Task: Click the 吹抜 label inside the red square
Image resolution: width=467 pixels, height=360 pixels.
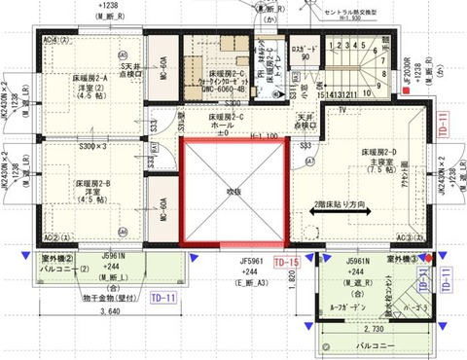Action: pos(233,191)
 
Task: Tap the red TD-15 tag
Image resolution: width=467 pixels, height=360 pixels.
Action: pos(285,263)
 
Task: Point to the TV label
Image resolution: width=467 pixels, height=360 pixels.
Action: pos(342,110)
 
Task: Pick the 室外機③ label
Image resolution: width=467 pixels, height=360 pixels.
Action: pos(400,258)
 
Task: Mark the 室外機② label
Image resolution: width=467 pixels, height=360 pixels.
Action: pos(58,259)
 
